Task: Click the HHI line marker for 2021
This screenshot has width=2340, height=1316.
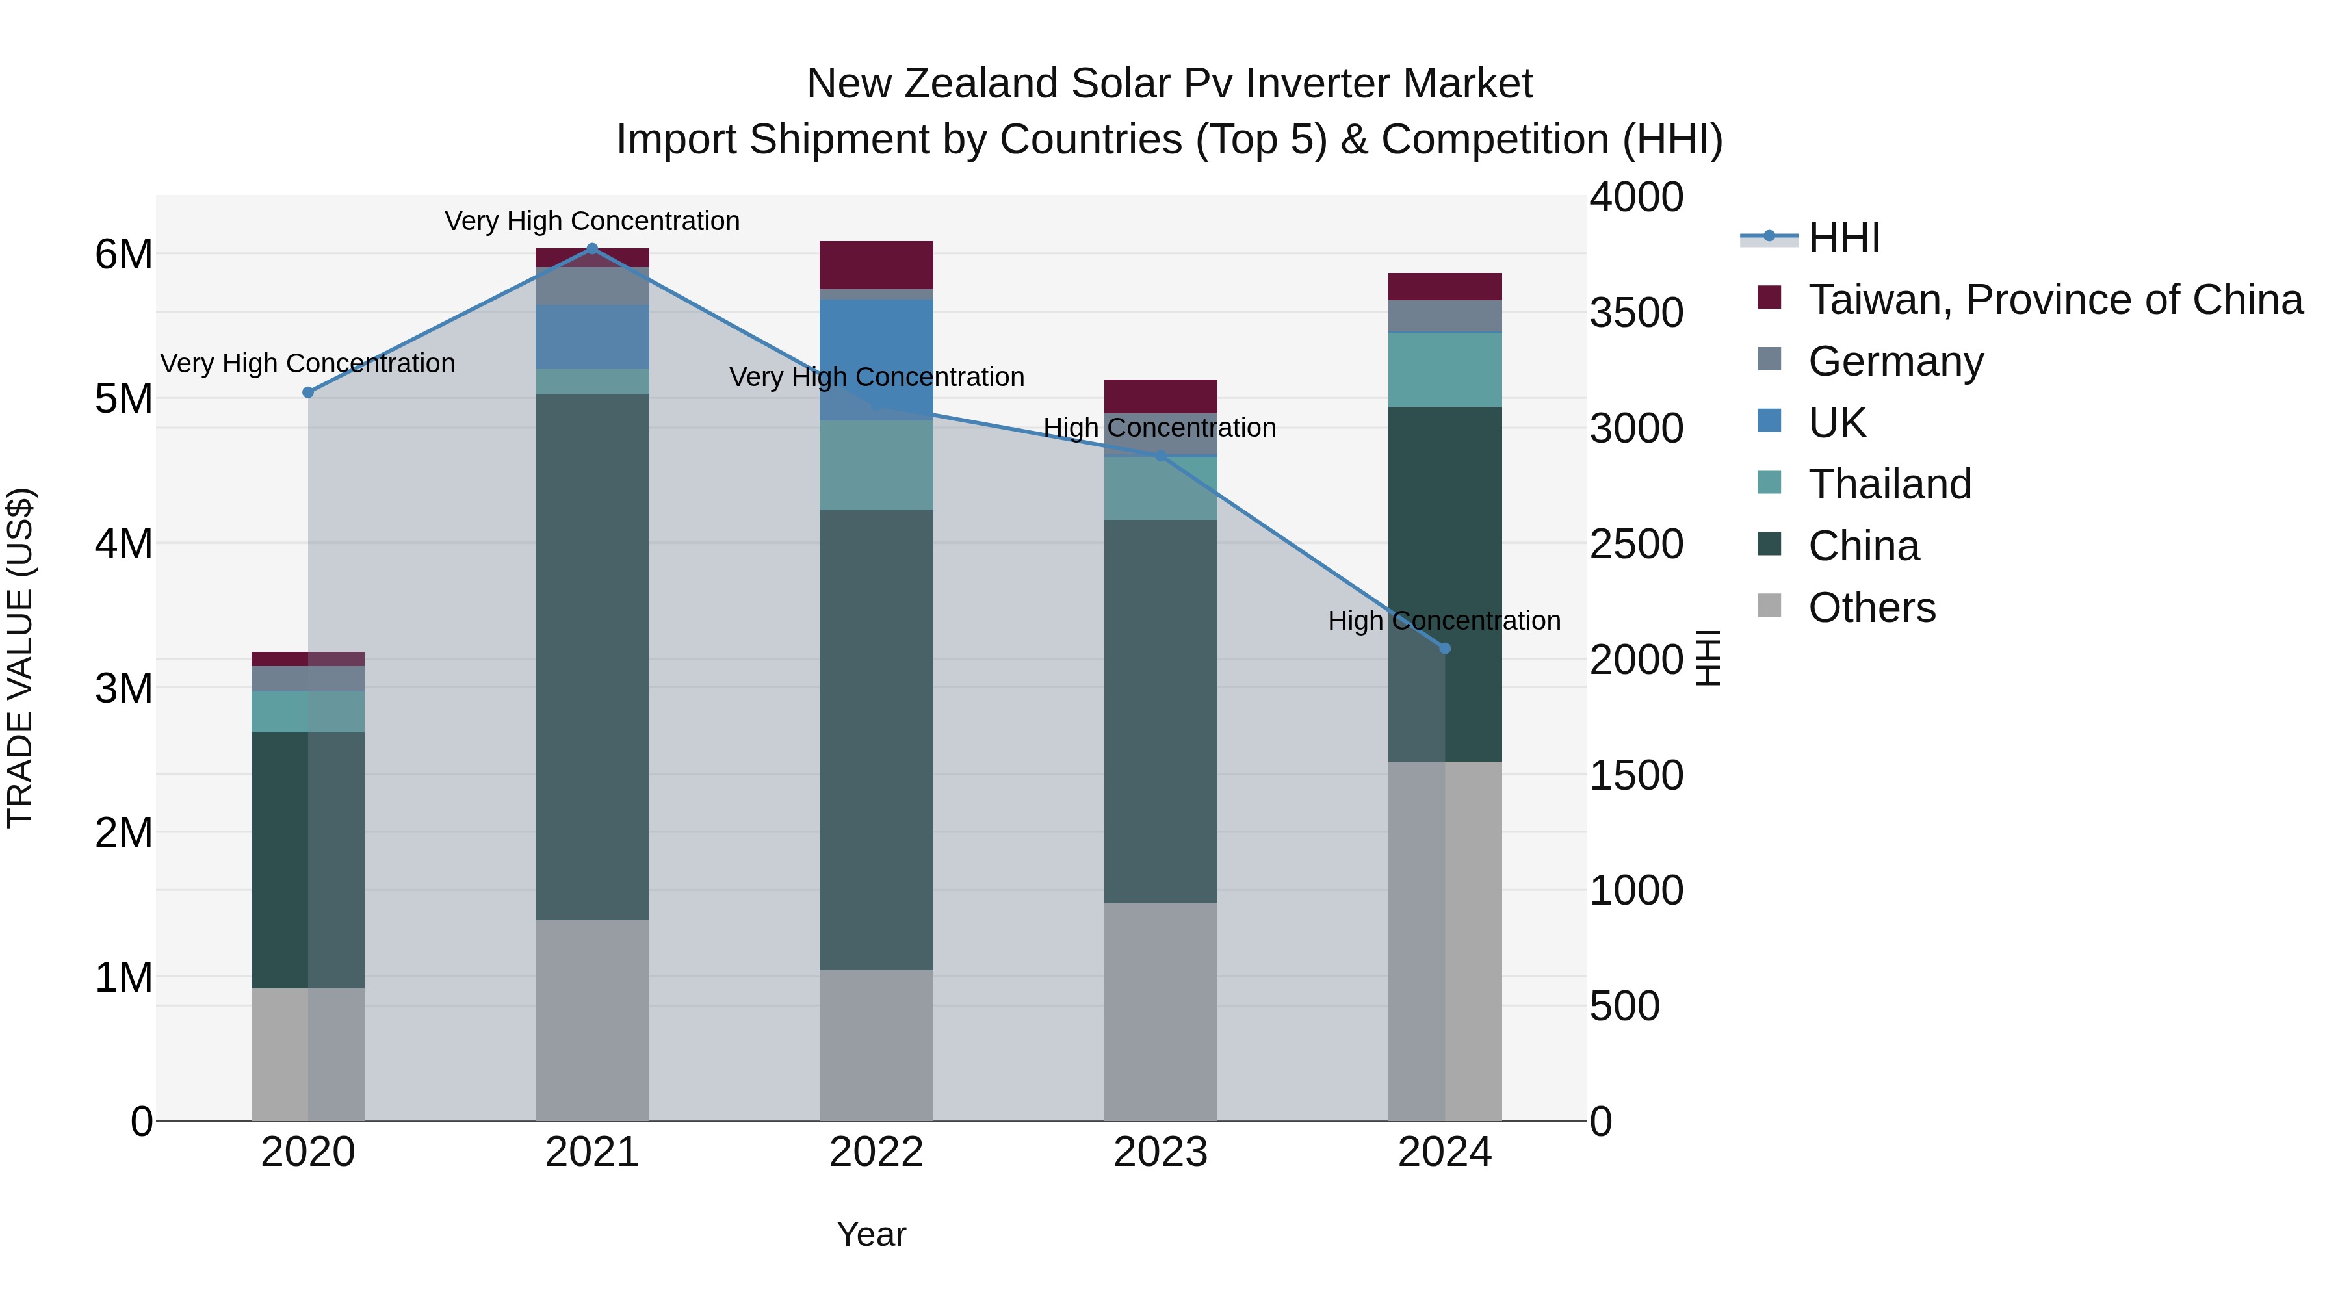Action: click(592, 248)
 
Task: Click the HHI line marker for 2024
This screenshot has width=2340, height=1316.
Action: click(1445, 649)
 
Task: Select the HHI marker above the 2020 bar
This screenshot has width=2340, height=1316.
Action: click(308, 393)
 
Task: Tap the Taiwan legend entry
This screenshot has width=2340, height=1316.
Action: click(2055, 300)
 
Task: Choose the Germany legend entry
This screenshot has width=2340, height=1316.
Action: click(1896, 361)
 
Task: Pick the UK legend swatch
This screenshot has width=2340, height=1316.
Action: click(1769, 421)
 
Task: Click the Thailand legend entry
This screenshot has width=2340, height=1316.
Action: click(1890, 484)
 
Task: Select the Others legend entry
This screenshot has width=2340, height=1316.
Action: click(1871, 608)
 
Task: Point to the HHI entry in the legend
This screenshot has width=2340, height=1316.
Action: click(1843, 238)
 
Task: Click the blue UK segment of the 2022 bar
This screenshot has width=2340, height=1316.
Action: click(877, 359)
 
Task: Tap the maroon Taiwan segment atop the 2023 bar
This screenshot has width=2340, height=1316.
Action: click(1160, 396)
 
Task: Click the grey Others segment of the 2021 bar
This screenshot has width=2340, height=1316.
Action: click(592, 1019)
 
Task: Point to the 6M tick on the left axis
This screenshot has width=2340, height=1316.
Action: click(123, 254)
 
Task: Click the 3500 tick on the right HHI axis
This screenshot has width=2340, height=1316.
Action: click(1636, 313)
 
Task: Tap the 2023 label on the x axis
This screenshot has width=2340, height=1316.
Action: click(1160, 1152)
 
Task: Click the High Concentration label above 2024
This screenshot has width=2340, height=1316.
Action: click(1444, 621)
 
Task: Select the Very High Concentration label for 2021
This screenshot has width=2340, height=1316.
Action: click(592, 222)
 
